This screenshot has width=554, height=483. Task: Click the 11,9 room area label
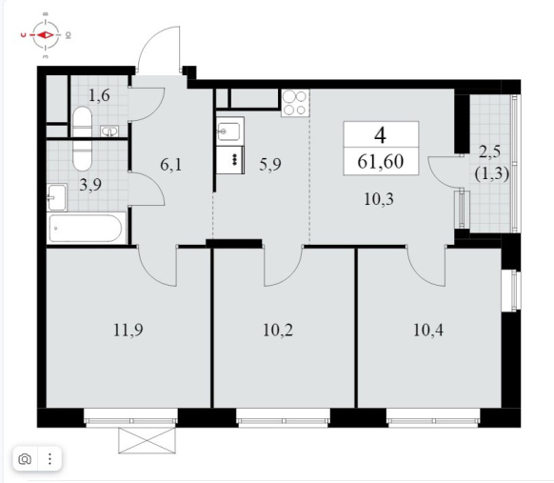coord(128,331)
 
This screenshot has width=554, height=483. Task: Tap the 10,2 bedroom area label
coord(278,331)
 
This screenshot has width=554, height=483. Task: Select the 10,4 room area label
coord(428,331)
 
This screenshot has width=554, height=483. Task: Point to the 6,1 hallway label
coord(171,165)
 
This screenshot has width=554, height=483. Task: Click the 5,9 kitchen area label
coord(270,164)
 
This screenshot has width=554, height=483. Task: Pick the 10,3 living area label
coord(379,199)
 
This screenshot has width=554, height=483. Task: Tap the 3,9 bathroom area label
coord(90,185)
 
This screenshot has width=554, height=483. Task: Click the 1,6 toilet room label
coord(99,95)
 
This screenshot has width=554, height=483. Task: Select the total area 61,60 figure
coord(381,162)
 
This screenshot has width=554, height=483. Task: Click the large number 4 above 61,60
coord(380,135)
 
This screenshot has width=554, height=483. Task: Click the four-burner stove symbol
coord(295,103)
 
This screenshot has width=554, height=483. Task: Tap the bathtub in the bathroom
coord(87,228)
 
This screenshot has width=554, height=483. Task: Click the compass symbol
coord(46,35)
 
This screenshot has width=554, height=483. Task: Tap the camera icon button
coord(25,459)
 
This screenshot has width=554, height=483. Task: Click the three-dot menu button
coord(49,459)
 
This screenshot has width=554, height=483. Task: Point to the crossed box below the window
coord(147,440)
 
